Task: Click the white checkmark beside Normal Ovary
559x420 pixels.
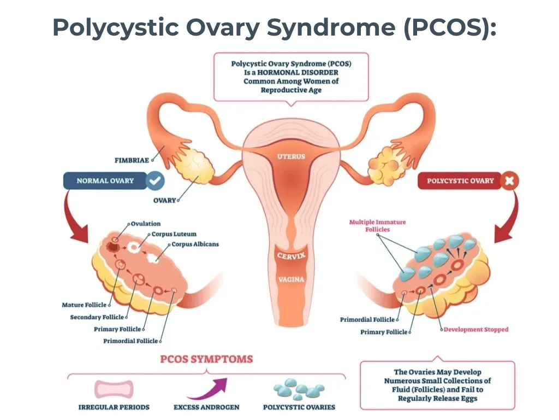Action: tap(155, 180)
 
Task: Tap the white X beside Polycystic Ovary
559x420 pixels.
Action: tap(509, 180)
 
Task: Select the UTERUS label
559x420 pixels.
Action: tap(292, 156)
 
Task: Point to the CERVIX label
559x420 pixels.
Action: tap(292, 255)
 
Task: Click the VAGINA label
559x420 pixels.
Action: tap(292, 279)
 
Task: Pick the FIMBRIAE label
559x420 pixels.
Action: tap(132, 160)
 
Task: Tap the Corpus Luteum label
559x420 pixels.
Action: tap(174, 234)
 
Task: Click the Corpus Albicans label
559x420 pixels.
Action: tap(195, 244)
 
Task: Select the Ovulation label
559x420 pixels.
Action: tap(145, 224)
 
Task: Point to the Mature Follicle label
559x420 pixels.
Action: tap(84, 305)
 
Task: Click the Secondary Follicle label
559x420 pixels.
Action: tap(97, 317)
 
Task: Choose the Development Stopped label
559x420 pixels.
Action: tap(476, 329)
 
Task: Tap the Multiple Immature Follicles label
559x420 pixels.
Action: tap(378, 226)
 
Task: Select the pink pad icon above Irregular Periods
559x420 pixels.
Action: tap(114, 389)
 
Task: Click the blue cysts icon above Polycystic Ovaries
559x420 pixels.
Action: tap(299, 389)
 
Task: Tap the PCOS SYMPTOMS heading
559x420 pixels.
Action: tap(206, 359)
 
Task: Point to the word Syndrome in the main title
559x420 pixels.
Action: tap(331, 27)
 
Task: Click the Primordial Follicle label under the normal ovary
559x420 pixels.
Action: tap(130, 341)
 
